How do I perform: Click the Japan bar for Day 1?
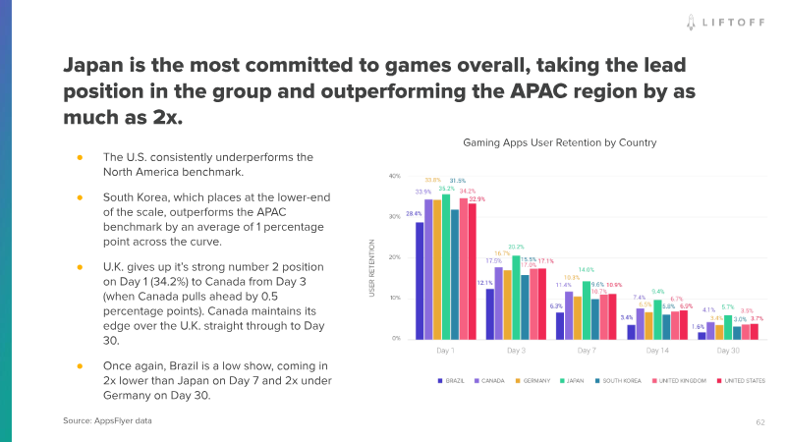point(446,266)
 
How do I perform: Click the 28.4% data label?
point(415,214)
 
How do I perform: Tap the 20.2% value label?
point(516,247)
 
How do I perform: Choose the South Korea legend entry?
point(618,379)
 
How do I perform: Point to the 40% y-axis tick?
point(395,176)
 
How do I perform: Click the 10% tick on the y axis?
point(395,298)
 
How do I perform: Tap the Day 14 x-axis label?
point(659,349)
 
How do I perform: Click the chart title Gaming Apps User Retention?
point(559,142)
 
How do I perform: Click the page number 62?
point(759,421)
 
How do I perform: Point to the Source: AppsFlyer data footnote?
point(108,420)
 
